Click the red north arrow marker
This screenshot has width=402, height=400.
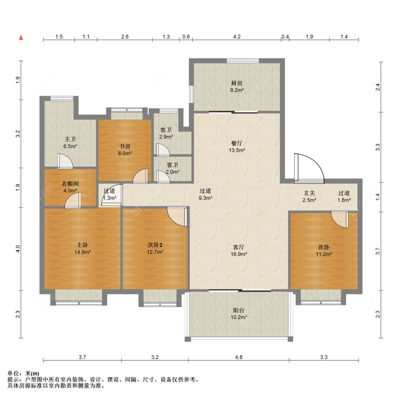point(21,38)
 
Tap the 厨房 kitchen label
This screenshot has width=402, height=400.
point(237,83)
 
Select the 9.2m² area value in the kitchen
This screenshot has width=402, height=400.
point(237,90)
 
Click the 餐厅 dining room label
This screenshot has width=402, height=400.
point(237,143)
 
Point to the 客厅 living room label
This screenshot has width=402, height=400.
point(239,247)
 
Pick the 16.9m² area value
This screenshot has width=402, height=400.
point(239,255)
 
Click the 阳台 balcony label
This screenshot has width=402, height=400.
point(239,310)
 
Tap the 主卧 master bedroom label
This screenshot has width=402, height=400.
point(82,245)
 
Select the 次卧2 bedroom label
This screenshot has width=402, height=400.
point(155,245)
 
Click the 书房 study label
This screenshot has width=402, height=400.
point(125,147)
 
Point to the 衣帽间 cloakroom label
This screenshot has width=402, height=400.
point(70,184)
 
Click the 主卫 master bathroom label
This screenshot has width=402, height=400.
point(70,139)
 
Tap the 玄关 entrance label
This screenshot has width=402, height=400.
point(309,193)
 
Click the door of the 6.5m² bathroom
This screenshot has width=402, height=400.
point(65,161)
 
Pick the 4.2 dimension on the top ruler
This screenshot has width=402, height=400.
point(237,37)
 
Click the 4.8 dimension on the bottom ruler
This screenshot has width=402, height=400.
point(239,357)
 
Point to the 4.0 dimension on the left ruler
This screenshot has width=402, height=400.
point(18,249)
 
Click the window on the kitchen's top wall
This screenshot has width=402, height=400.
point(243,61)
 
